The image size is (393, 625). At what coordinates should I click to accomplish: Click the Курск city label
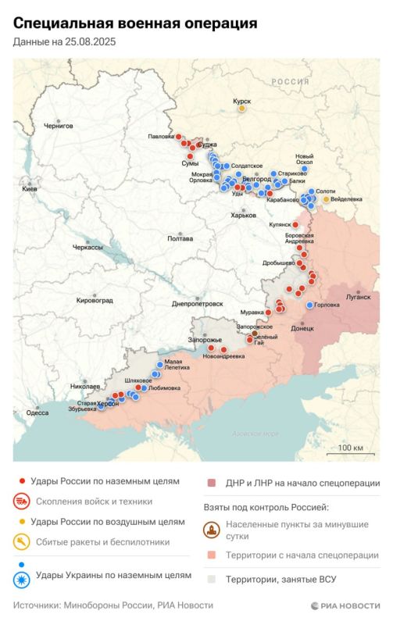pos(242,100)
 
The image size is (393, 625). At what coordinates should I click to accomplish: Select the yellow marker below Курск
pos(242,109)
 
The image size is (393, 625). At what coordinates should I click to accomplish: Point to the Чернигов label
pos(58,125)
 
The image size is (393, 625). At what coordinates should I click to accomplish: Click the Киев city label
pos(30,189)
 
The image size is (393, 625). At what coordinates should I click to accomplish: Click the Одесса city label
pos(37,412)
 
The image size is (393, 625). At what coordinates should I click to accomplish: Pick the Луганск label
pos(359,297)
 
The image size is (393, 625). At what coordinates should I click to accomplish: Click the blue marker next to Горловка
pos(310,305)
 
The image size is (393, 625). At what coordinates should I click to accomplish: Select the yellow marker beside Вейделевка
pos(327,199)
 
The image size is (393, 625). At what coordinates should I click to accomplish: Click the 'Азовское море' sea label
pos(255,434)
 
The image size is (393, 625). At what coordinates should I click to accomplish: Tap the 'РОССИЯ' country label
pos(290,81)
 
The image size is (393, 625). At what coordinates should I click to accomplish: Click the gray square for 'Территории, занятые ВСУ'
pos(211,578)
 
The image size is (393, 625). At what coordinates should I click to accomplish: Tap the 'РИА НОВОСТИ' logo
pos(345,605)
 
